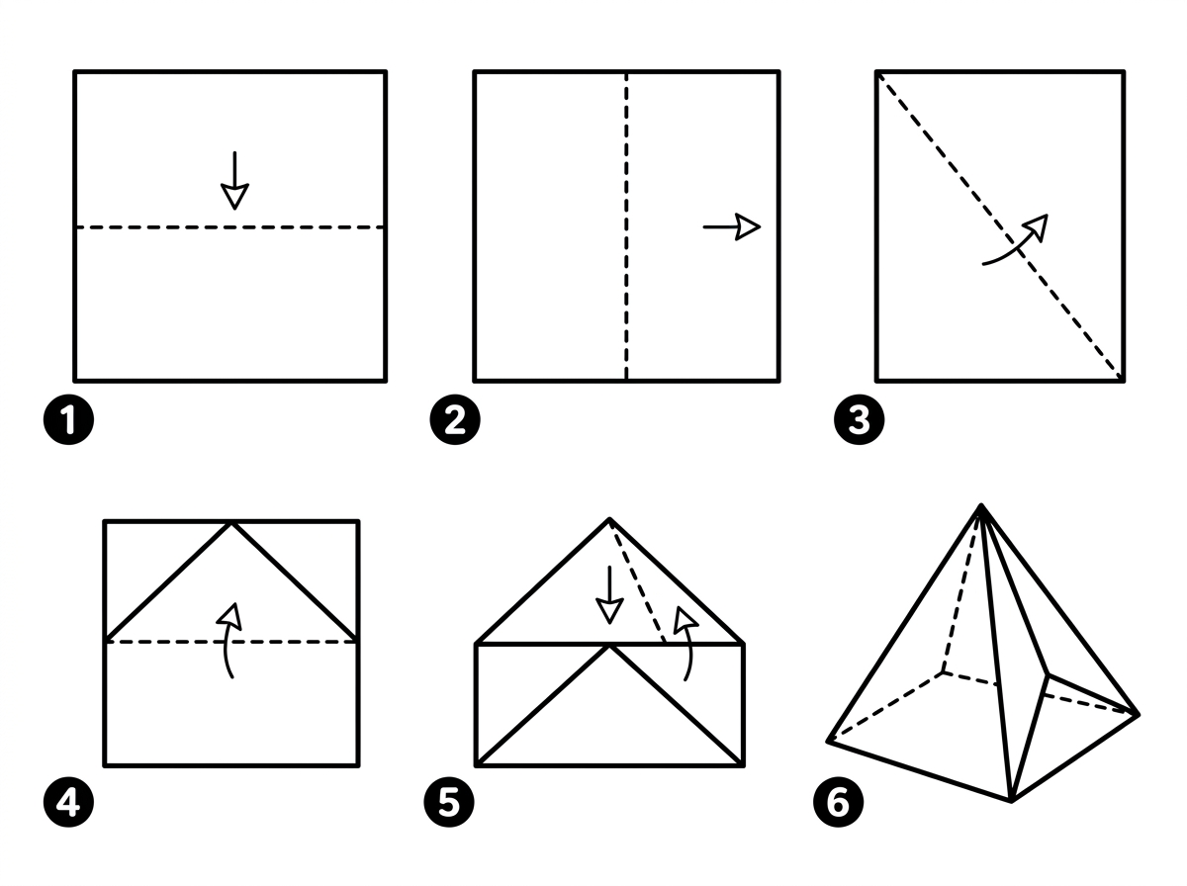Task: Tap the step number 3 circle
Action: coord(859,420)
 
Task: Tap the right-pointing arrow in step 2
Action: coord(731,227)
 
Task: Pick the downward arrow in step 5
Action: coord(609,594)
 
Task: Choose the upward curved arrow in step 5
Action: coord(684,643)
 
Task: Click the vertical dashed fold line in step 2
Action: coord(626,297)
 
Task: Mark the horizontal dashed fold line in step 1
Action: coord(148,227)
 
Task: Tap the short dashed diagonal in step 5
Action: coord(638,583)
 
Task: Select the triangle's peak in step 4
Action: coord(231,523)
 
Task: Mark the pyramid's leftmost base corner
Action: coord(829,740)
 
